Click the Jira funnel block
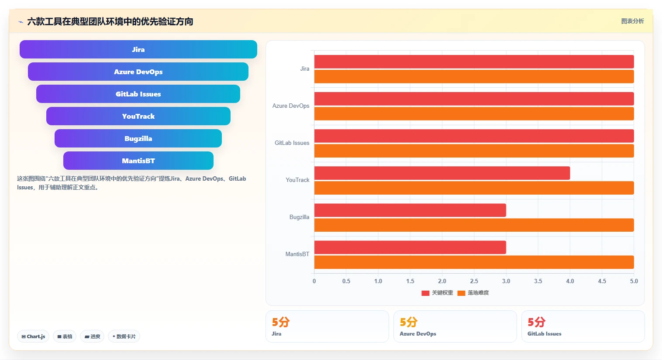point(138,49)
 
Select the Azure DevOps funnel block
point(138,72)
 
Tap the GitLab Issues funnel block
point(138,94)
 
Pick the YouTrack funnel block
point(138,116)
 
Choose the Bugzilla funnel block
point(138,138)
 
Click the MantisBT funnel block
point(138,161)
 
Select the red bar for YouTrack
point(442,173)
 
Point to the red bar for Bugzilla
point(410,210)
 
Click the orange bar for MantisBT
point(474,262)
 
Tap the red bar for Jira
point(474,62)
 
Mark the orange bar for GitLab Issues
point(474,151)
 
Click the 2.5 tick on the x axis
point(474,281)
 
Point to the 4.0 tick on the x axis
point(570,281)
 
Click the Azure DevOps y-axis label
point(291,106)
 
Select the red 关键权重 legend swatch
point(425,293)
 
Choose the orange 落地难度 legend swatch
point(461,293)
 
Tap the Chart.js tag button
point(33,336)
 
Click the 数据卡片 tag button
point(124,336)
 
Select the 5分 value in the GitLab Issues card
point(536,322)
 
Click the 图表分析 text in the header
point(632,21)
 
